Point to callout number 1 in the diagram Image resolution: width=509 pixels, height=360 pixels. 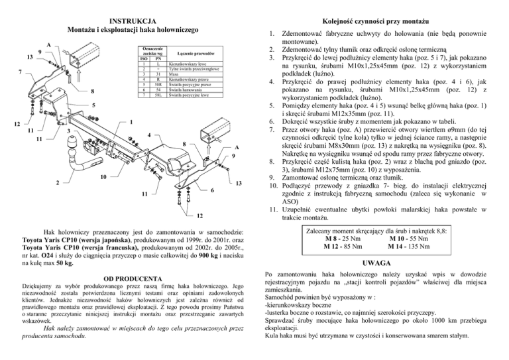pos(131,122)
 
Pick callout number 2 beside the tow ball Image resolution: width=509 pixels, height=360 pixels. pos(57,183)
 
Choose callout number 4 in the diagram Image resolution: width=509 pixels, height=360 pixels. pos(150,136)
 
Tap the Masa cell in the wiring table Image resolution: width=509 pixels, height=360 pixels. pos(175,74)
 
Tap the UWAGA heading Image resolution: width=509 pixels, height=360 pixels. pos(380,263)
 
